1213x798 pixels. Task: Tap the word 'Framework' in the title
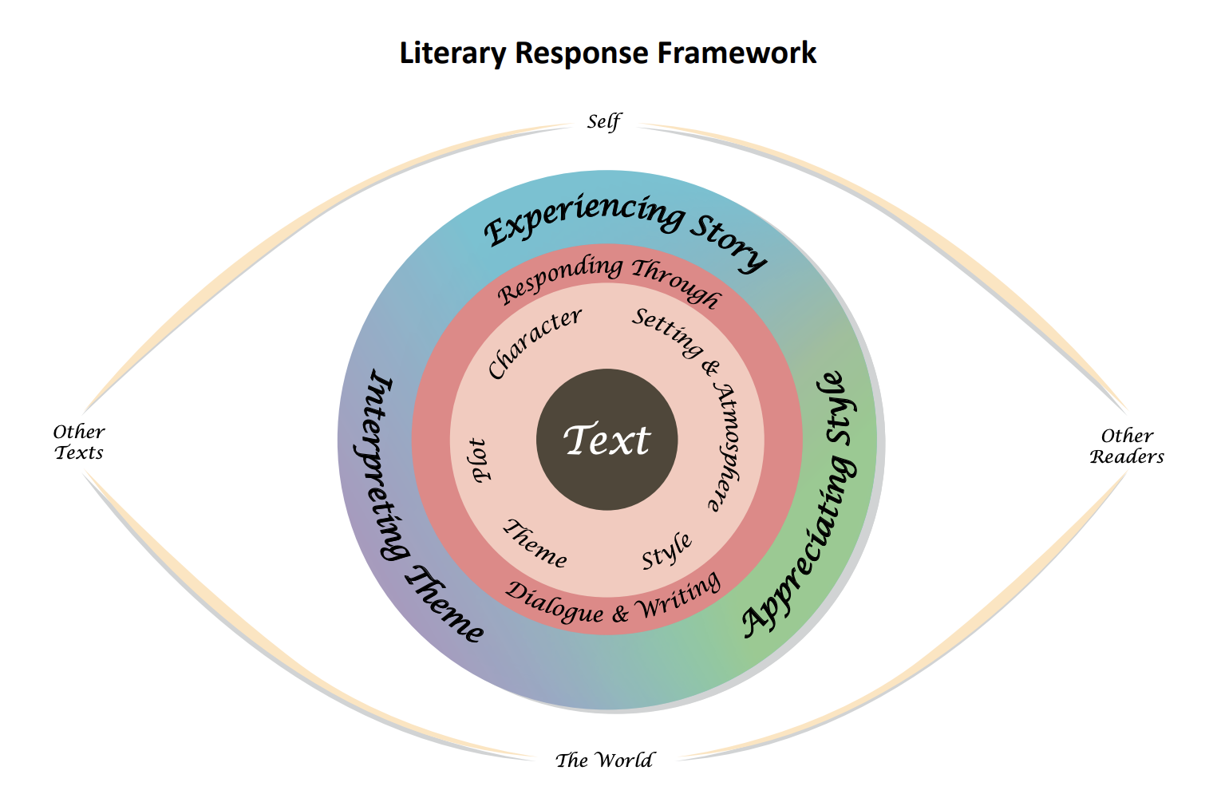click(737, 53)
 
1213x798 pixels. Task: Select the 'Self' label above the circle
click(604, 122)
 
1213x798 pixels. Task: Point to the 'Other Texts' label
click(79, 442)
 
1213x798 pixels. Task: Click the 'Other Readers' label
click(1127, 446)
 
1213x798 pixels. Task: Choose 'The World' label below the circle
click(604, 760)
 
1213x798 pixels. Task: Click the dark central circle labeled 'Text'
click(606, 440)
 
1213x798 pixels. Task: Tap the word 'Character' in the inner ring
click(534, 343)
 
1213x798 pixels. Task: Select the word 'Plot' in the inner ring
click(480, 460)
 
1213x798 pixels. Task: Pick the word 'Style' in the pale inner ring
click(666, 551)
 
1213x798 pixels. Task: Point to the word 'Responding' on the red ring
click(560, 280)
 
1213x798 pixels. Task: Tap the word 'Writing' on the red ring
click(681, 596)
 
